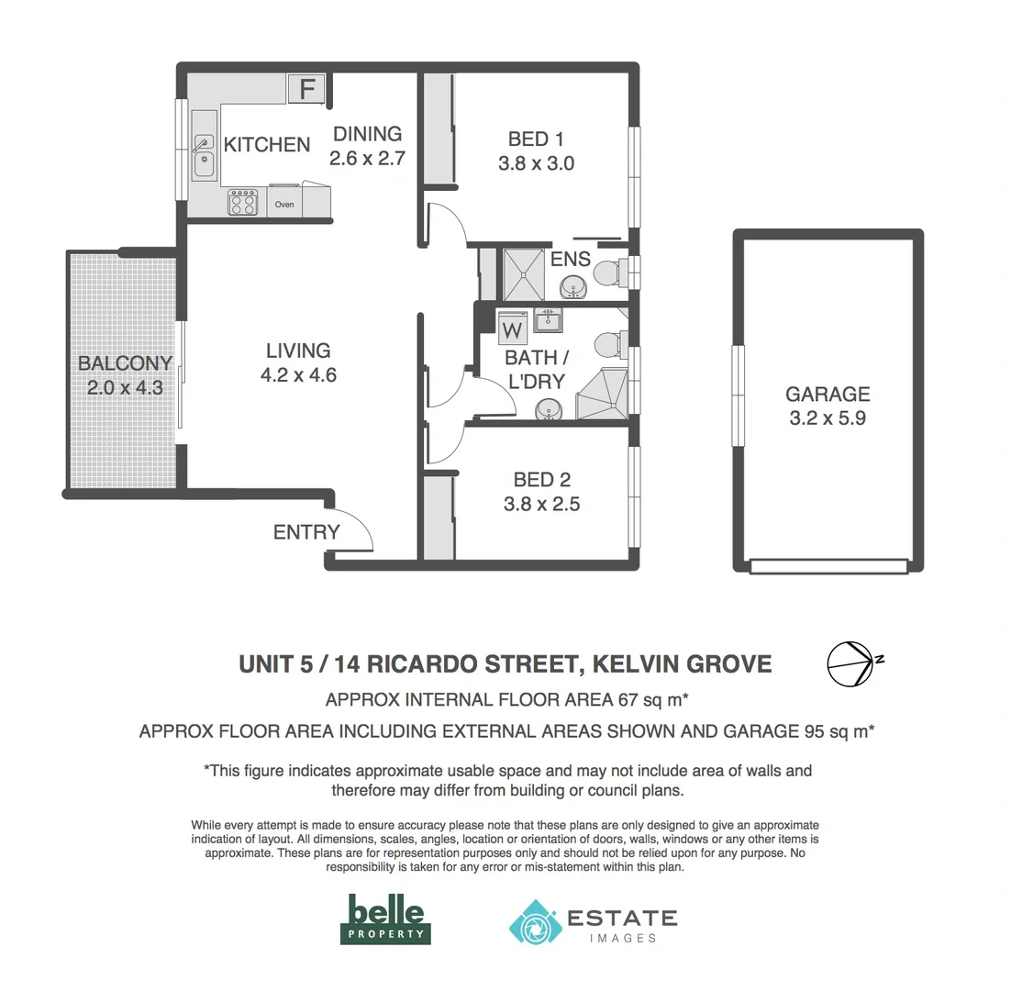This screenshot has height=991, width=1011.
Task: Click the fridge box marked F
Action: [307, 89]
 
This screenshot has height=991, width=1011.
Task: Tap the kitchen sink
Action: [203, 156]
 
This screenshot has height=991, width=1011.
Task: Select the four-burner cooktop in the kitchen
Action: [243, 203]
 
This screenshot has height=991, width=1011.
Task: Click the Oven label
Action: [284, 205]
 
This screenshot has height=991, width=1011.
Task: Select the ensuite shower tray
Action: [526, 273]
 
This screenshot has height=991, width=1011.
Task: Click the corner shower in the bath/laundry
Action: [602, 395]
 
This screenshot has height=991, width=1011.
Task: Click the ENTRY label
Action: [306, 532]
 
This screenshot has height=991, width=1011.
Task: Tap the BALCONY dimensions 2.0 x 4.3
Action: [125, 388]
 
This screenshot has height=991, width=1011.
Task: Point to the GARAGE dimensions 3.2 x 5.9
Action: [827, 419]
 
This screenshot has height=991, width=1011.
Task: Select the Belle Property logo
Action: [385, 919]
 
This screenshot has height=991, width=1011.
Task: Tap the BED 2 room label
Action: [541, 480]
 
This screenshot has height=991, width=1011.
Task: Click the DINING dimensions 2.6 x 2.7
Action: [367, 158]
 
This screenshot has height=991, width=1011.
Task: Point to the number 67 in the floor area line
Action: [626, 700]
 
